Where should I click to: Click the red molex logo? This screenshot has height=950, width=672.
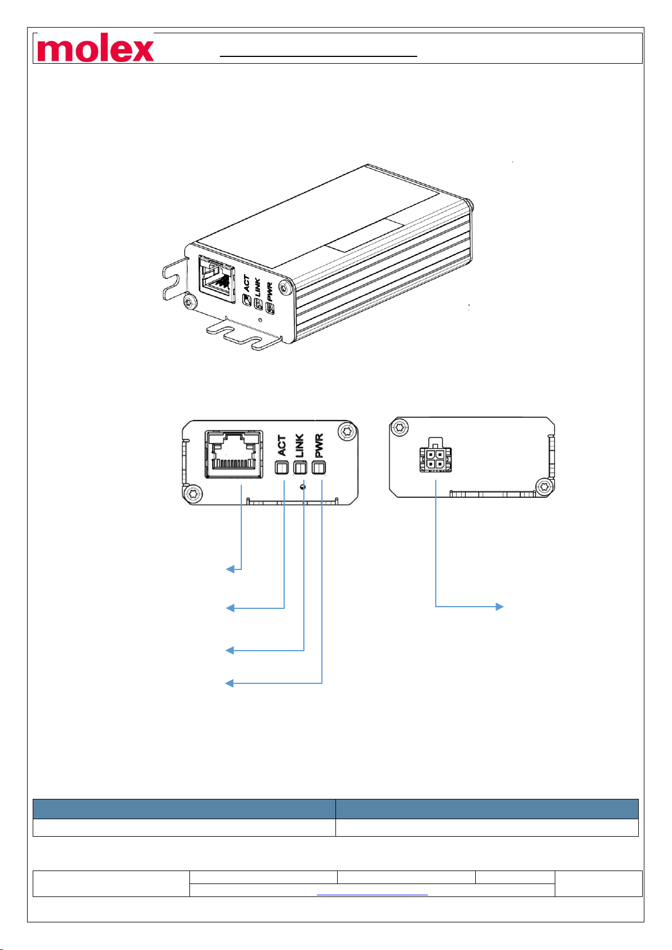95,49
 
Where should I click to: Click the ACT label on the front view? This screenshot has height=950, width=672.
282,445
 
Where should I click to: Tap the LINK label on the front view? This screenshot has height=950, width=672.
299,445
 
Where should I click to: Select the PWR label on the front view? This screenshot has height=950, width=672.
319,445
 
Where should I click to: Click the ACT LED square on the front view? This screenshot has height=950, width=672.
281,468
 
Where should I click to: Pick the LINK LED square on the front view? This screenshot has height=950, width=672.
300,468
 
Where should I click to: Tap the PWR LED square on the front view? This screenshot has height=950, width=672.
320,468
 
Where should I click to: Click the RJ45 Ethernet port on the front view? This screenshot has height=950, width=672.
233,454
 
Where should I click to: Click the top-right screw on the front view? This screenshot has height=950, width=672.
346,432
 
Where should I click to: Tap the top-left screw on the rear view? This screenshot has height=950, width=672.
400,427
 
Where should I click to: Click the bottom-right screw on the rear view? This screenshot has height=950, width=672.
543,485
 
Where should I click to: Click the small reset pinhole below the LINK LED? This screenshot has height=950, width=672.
304,487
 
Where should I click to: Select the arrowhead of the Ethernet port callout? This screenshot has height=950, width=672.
229,569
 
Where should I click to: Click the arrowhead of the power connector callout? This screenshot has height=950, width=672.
499,607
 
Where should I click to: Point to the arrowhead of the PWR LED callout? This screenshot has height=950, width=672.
229,683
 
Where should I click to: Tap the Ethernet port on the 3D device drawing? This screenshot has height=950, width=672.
217,280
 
